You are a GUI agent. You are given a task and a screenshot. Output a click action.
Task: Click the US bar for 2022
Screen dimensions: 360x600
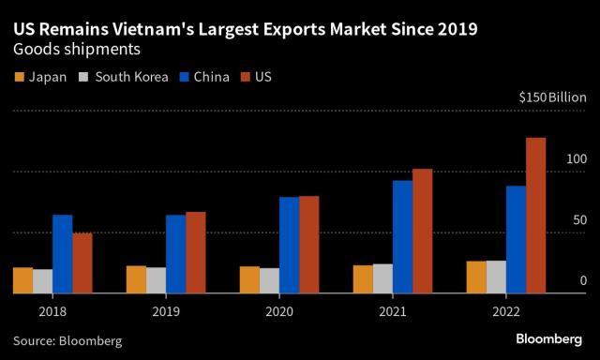(535, 216)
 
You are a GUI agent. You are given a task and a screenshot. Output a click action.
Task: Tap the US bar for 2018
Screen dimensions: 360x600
(82, 262)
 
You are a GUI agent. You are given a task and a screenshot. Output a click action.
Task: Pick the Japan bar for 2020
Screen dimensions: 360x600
(249, 279)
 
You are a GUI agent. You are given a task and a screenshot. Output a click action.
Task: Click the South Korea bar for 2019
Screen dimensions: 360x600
(156, 280)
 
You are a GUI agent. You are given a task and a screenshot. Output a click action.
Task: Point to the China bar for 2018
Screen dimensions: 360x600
(63, 254)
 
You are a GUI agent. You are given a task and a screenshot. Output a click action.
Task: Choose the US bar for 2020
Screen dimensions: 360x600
(308, 245)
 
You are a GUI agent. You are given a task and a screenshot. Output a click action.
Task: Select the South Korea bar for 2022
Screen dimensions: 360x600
(496, 277)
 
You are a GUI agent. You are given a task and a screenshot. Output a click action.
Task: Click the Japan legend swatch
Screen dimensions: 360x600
(19, 77)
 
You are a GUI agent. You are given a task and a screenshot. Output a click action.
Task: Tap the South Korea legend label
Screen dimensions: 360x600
(130, 77)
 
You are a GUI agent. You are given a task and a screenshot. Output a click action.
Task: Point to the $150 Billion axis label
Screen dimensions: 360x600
(552, 97)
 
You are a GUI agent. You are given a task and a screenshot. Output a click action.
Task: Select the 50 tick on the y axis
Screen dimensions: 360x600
(578, 220)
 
